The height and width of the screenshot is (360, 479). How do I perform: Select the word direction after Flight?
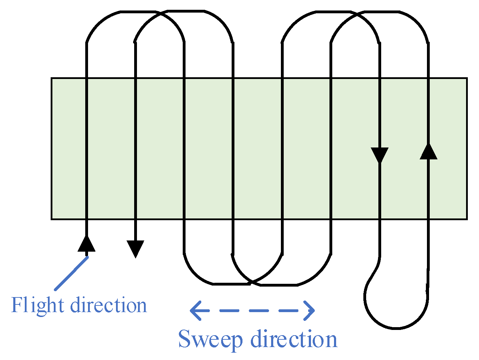click(x=109, y=305)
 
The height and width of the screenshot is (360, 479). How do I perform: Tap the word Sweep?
click(x=210, y=339)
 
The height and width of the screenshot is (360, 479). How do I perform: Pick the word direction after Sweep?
click(x=294, y=339)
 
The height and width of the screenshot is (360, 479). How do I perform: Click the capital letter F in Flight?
click(x=17, y=305)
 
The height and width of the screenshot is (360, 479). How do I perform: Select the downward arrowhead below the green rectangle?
click(x=135, y=249)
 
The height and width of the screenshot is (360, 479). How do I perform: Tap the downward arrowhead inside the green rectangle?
click(x=379, y=155)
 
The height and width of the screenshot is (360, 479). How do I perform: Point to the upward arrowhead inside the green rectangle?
click(x=428, y=152)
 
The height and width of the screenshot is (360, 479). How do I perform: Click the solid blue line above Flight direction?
click(x=71, y=273)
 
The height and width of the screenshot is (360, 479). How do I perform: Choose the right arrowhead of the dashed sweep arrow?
click(x=309, y=310)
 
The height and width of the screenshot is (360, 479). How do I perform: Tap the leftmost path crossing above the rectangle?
click(x=160, y=14)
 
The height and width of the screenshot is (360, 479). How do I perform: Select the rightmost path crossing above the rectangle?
click(x=355, y=14)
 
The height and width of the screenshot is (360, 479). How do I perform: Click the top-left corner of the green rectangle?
click(x=52, y=78)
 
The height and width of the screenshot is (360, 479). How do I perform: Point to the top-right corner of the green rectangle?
click(x=467, y=78)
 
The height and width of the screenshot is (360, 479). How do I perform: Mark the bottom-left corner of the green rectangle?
click(x=52, y=219)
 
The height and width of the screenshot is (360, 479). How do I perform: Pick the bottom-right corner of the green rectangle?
click(x=467, y=219)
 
